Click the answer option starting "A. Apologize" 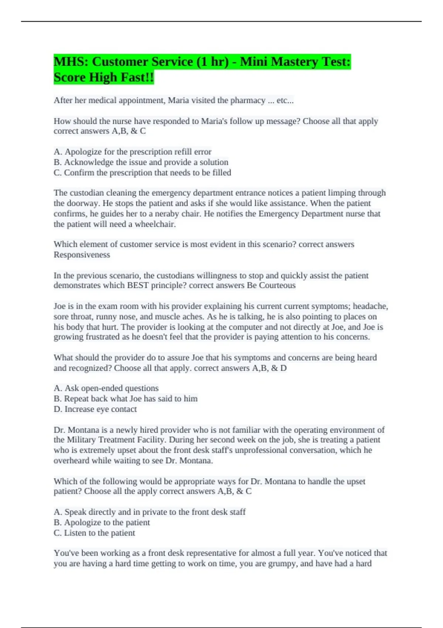133,152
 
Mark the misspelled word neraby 167,214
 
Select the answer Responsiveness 82,255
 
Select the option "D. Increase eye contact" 95,409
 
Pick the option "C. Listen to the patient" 95,533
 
